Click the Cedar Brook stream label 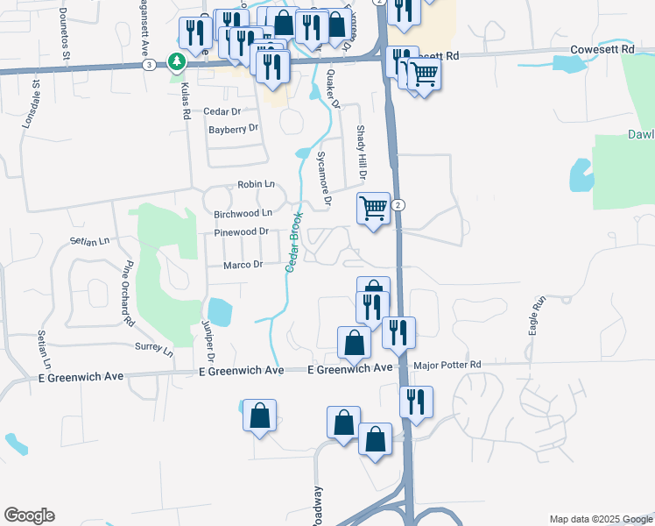(293, 242)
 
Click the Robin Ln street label (256, 185)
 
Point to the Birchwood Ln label (243, 213)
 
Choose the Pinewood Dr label (241, 233)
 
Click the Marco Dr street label (243, 265)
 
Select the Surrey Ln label (153, 347)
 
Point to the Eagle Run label (537, 312)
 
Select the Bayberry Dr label (234, 128)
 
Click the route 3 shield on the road (150, 65)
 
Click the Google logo (29, 515)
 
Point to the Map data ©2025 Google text (600, 519)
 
